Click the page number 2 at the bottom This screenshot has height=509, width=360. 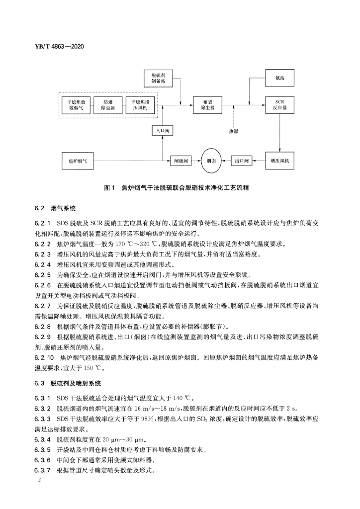(38, 481)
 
